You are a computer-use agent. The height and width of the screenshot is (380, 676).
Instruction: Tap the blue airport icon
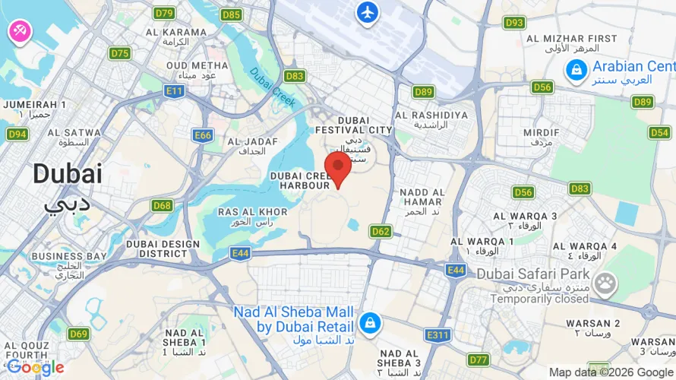368,12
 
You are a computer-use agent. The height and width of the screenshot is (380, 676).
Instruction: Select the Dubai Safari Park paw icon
605,285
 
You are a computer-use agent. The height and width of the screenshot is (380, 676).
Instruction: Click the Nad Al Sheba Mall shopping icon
369,322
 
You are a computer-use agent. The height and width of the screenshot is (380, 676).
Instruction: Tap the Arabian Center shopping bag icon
576,71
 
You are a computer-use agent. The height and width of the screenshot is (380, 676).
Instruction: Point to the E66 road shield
203,135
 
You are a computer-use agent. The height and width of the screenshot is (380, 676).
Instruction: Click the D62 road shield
381,230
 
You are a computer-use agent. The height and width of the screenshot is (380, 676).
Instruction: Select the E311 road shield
438,334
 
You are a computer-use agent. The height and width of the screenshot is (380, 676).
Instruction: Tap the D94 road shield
17,135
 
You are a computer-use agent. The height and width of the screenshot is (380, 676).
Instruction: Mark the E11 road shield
175,91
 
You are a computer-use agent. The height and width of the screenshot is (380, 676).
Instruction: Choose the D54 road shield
659,132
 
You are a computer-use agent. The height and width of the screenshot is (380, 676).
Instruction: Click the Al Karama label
175,36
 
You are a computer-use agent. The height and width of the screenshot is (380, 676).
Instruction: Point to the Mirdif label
541,137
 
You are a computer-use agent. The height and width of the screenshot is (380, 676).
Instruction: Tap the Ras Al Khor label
252,216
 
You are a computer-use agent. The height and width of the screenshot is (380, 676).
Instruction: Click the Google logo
35,367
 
